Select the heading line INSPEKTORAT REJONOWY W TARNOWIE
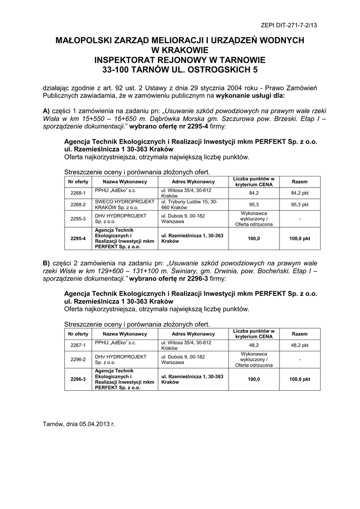[180, 60]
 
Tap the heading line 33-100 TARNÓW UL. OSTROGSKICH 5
[180, 70]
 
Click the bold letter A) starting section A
[47, 110]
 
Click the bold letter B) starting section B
[47, 262]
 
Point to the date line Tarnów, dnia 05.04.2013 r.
[79, 424]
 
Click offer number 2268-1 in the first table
[78, 193]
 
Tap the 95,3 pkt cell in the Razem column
[299, 204]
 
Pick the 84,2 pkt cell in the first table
[299, 193]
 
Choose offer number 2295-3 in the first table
[78, 219]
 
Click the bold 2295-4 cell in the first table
[78, 239]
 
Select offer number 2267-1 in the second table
[78, 345]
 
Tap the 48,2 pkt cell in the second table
[299, 345]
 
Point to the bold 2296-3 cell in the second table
[78, 379]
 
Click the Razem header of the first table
[299, 181]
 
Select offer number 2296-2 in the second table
[78, 359]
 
